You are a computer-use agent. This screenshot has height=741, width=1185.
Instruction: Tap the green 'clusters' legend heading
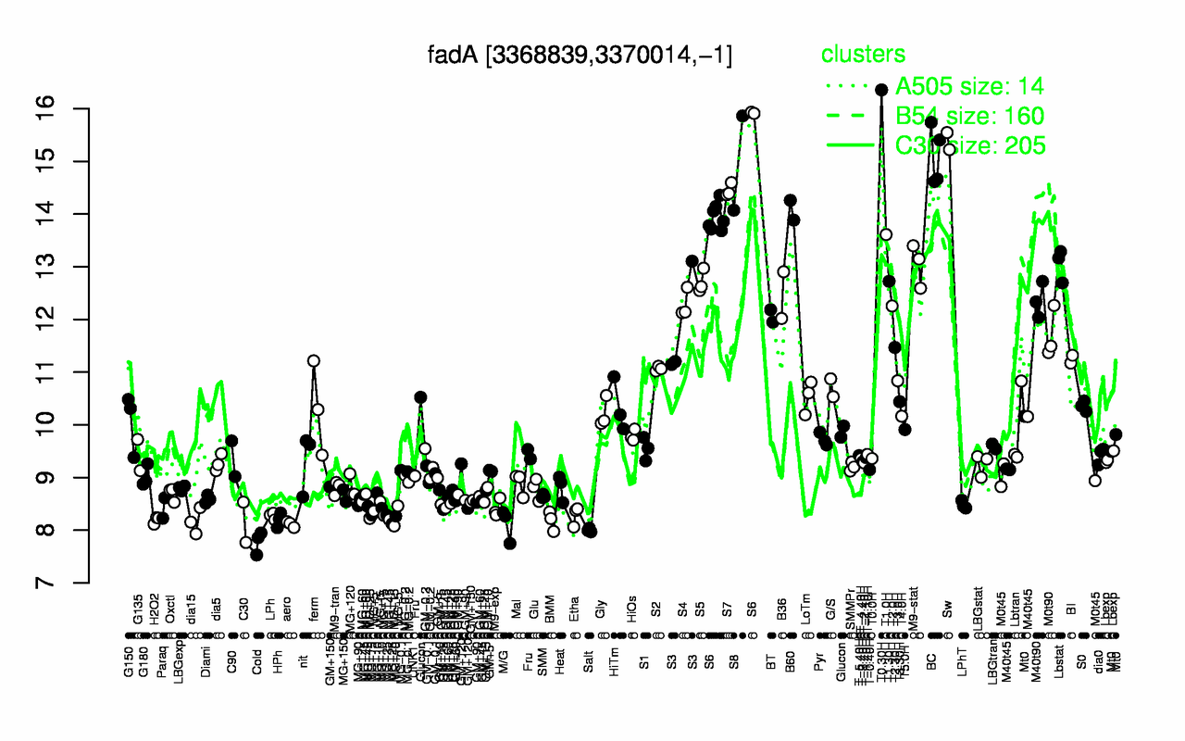coord(863,55)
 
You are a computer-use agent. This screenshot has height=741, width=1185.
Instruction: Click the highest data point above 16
coord(881,90)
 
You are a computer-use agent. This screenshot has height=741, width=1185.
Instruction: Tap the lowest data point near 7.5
coord(256,555)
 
